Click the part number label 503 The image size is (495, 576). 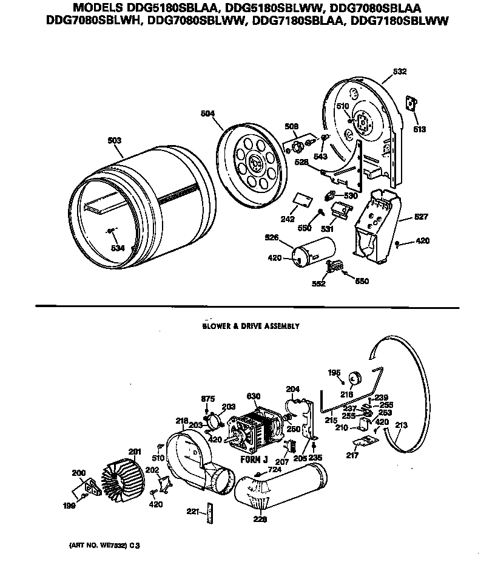114,140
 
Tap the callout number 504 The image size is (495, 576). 209,113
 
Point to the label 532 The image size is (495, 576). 399,72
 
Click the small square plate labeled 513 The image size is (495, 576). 412,104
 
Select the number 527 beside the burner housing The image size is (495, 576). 422,217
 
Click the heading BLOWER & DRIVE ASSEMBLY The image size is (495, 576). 251,326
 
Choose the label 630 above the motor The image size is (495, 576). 253,396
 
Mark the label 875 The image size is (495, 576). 208,398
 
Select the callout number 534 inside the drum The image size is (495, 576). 118,248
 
